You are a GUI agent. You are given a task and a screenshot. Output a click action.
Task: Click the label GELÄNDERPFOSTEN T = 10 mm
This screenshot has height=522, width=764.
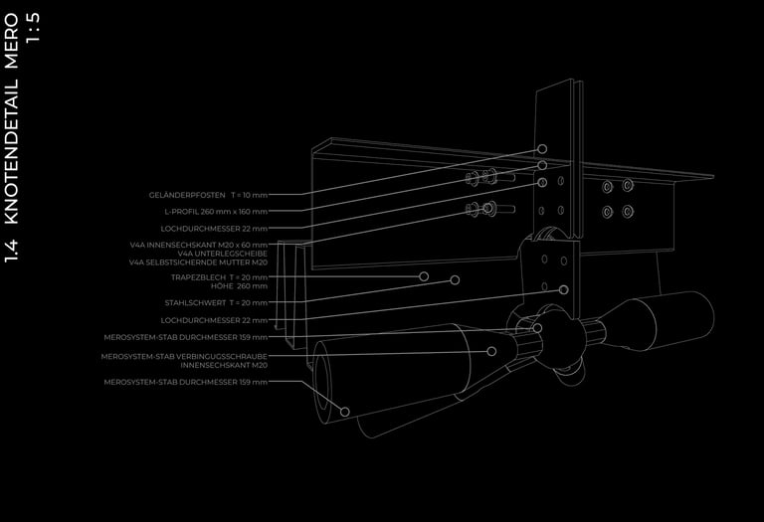tap(208, 195)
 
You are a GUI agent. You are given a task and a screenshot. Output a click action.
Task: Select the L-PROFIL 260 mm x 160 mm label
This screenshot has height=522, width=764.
tap(216, 211)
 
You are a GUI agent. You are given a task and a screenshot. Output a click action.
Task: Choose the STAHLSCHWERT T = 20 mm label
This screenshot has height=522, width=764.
tap(216, 302)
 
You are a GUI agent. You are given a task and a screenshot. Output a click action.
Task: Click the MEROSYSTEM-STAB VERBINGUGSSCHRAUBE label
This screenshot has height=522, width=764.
tap(184, 356)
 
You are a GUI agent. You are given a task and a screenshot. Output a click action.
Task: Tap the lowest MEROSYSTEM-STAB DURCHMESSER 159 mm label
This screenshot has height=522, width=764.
tap(186, 382)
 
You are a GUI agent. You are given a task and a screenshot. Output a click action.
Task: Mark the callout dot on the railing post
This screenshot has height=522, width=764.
tap(542, 148)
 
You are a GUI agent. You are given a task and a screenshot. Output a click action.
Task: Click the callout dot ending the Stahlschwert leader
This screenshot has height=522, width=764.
tap(564, 289)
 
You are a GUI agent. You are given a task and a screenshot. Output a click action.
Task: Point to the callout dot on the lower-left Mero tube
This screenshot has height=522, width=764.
tap(345, 411)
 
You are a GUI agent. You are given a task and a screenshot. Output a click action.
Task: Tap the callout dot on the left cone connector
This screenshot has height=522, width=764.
tap(491, 350)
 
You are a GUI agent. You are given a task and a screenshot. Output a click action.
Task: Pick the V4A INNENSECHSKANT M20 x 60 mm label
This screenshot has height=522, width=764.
tap(199, 245)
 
